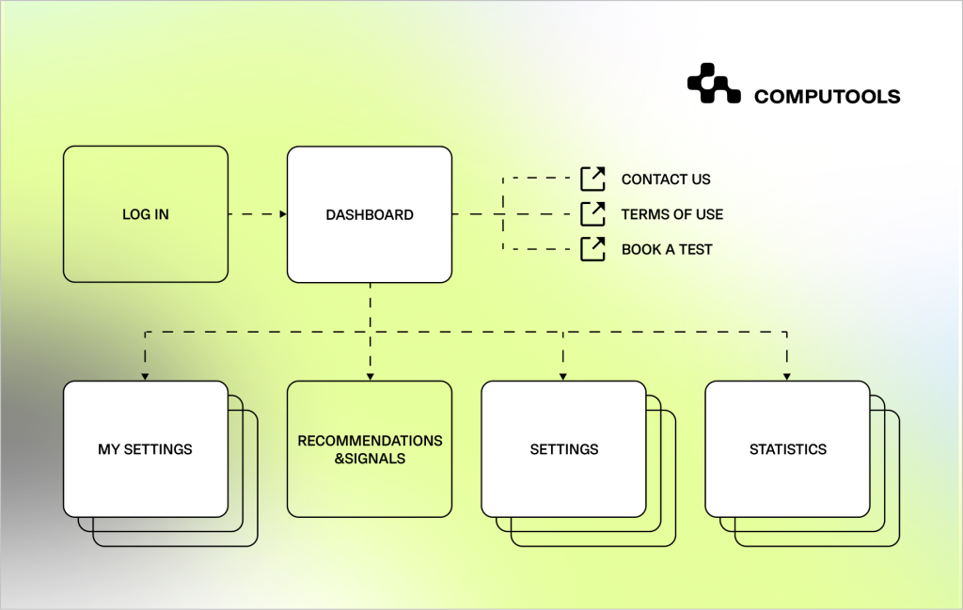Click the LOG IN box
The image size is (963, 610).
pyautogui.click(x=146, y=214)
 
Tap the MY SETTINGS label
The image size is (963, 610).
pyautogui.click(x=146, y=449)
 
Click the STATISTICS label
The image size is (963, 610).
pyautogui.click(x=787, y=449)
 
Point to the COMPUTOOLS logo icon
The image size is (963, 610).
pyautogui.click(x=714, y=83)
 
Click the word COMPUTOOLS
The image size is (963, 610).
pyautogui.click(x=827, y=97)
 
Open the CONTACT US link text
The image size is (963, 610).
pyautogui.click(x=666, y=180)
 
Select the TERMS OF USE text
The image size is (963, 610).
pyautogui.click(x=672, y=214)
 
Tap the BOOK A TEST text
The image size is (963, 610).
pyautogui.click(x=667, y=250)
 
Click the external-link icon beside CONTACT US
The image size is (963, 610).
pyautogui.click(x=592, y=179)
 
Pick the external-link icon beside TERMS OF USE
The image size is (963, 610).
pyautogui.click(x=592, y=214)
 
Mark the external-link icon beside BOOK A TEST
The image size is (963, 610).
pyautogui.click(x=592, y=249)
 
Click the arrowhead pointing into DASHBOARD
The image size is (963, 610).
pyautogui.click(x=282, y=214)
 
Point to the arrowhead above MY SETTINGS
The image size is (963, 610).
pyautogui.click(x=145, y=376)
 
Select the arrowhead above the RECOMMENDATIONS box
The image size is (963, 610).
pyautogui.click(x=370, y=376)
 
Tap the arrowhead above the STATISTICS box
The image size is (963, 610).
pyautogui.click(x=787, y=376)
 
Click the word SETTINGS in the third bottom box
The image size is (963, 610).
pyautogui.click(x=564, y=449)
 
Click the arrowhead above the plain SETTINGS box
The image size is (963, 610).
pyautogui.click(x=563, y=376)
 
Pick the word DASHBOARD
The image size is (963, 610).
pyautogui.click(x=370, y=215)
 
